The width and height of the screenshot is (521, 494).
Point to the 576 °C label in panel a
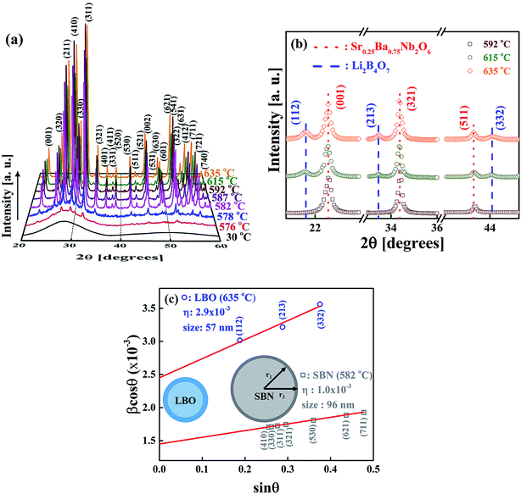215,226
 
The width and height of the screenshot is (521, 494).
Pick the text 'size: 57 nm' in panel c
204,335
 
